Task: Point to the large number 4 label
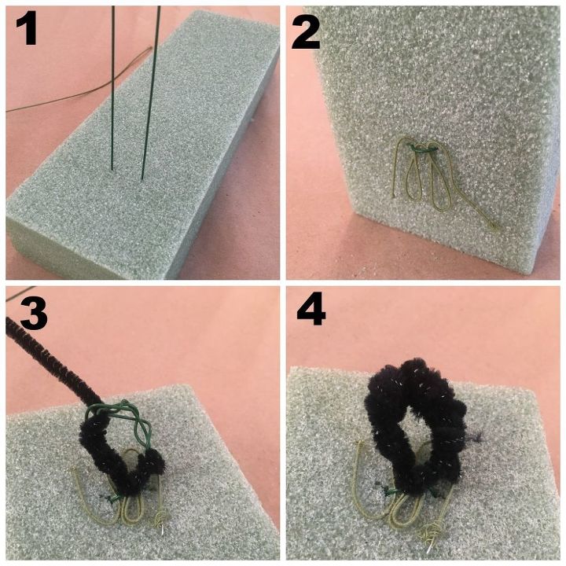pyautogui.click(x=311, y=310)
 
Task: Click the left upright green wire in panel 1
pyautogui.click(x=113, y=88)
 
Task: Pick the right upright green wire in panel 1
pyautogui.click(x=150, y=93)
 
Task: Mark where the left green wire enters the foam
pyautogui.click(x=112, y=169)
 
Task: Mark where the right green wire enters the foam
pyautogui.click(x=141, y=178)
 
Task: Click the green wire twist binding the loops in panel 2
pyautogui.click(x=421, y=148)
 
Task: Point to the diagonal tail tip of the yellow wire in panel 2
pyautogui.click(x=498, y=230)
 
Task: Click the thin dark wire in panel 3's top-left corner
pyautogui.click(x=20, y=293)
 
